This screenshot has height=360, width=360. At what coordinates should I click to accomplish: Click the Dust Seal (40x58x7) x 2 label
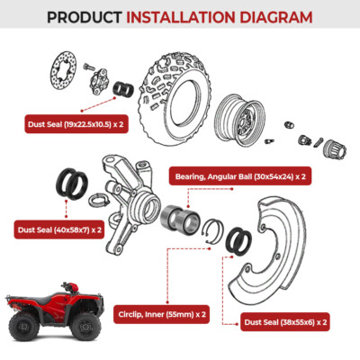[59, 229]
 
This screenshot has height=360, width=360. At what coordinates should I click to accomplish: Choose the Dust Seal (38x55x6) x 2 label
[284, 320]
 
